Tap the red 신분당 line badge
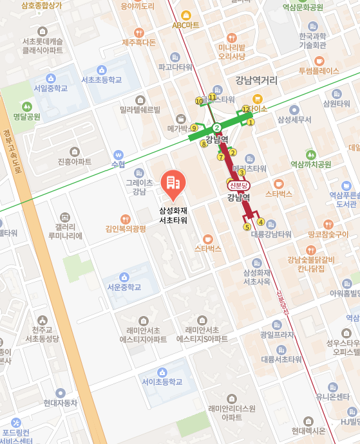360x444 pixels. tap(238, 185)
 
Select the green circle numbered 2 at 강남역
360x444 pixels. tap(217, 127)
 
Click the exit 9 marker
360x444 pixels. tap(194, 128)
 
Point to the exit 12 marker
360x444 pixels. tap(245, 109)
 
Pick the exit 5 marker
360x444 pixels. tap(247, 227)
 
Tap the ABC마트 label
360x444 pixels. tap(186, 25)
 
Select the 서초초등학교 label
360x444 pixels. tap(101, 80)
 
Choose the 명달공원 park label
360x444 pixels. tap(26, 116)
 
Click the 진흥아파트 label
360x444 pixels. tap(75, 162)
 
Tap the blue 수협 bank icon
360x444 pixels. tap(118, 155)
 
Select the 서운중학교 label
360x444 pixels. tap(124, 287)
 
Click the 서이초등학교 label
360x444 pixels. tap(162, 382)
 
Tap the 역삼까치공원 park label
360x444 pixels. tap(310, 164)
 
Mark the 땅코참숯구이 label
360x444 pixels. tap(328, 234)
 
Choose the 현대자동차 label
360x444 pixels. tap(61, 403)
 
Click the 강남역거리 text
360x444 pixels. tap(256, 80)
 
